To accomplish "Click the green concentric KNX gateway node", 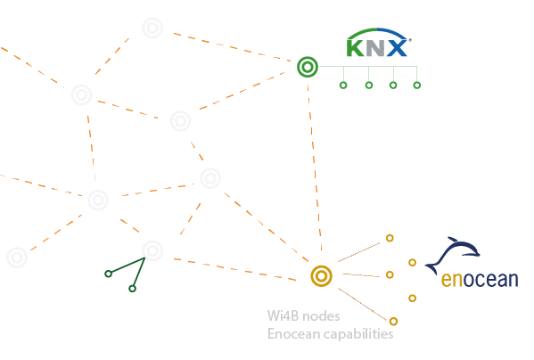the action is click(x=308, y=67).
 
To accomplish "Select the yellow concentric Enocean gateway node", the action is click(x=321, y=276).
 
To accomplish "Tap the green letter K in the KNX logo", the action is click(x=355, y=48).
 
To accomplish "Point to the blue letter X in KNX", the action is click(x=397, y=48).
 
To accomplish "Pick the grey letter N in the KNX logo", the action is click(x=375, y=48).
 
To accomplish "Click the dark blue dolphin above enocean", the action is click(x=452, y=255).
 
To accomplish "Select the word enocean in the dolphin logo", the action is click(x=480, y=280).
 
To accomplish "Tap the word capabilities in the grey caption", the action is click(x=358, y=334).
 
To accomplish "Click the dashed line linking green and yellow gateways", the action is click(x=315, y=167).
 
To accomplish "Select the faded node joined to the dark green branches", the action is click(x=152, y=250).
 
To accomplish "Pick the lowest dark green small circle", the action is click(x=132, y=289).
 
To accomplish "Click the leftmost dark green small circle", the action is click(x=108, y=274).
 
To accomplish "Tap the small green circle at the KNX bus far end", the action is click(x=417, y=85).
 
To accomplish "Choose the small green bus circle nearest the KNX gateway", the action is click(x=343, y=85).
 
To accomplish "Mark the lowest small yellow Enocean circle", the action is click(x=393, y=321).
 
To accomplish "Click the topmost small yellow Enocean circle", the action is click(x=390, y=238).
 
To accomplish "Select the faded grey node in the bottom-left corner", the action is click(x=17, y=258).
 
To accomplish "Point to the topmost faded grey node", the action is click(x=152, y=28).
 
